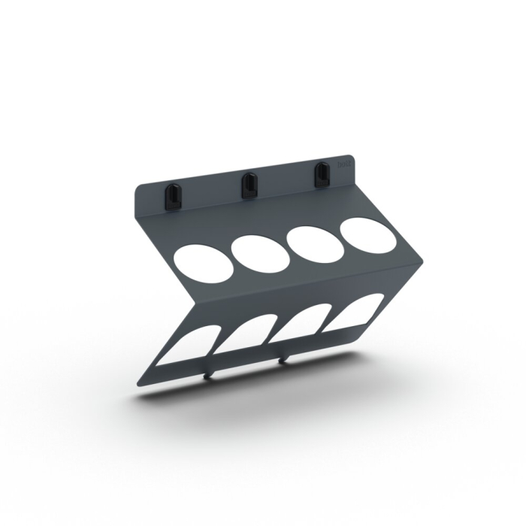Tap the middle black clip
click(x=247, y=186)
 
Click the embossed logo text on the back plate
click(x=345, y=163)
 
